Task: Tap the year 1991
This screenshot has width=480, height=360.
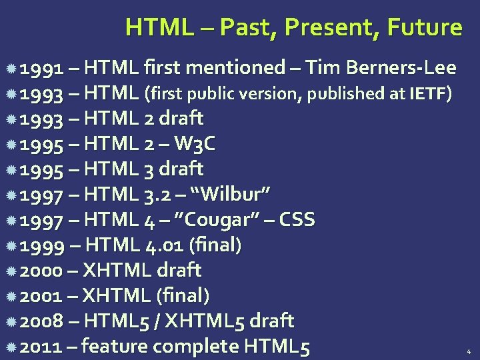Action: click(x=41, y=68)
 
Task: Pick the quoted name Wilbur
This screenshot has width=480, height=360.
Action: click(x=230, y=195)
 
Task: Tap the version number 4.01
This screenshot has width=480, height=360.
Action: click(x=164, y=245)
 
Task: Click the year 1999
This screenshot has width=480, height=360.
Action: click(x=41, y=245)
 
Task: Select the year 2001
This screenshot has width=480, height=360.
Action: click(x=41, y=296)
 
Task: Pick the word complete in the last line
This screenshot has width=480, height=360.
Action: click(x=196, y=347)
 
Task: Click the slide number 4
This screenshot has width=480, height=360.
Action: click(x=468, y=351)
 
